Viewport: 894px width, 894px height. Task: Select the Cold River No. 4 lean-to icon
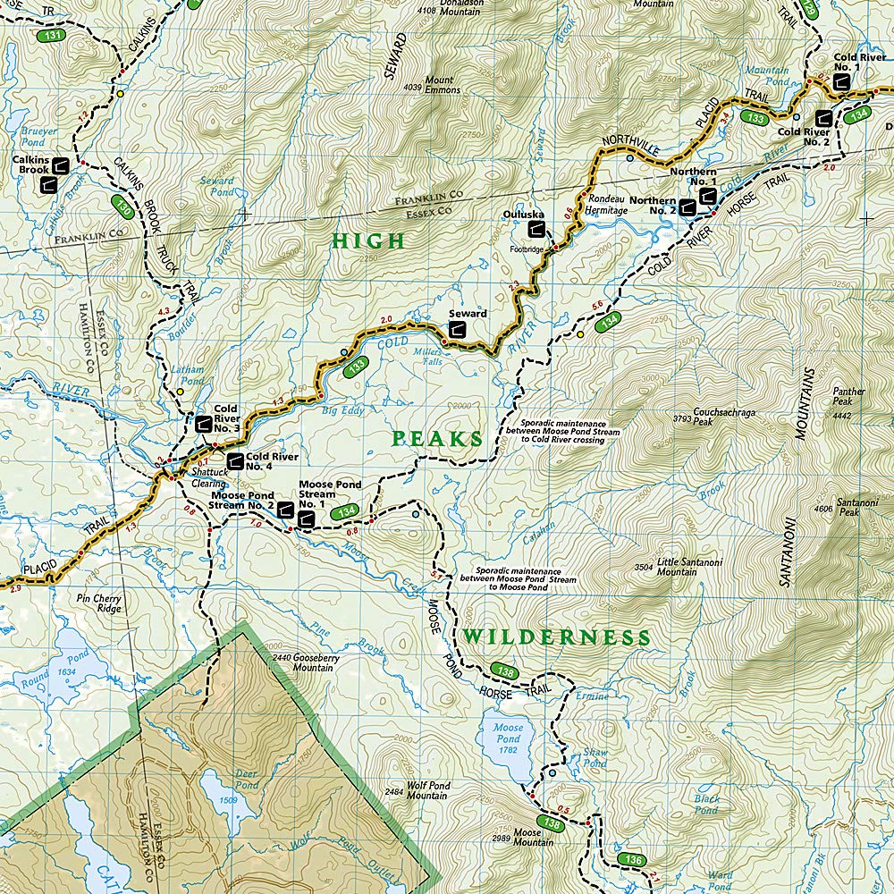234,461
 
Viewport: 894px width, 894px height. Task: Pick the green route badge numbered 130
124,205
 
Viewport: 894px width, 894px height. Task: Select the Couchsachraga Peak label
702,417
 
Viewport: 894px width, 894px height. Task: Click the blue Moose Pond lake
508,742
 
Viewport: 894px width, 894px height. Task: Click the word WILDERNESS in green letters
556,637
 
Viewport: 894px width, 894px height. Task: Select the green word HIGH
367,240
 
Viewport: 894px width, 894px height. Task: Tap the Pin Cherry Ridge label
98,603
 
